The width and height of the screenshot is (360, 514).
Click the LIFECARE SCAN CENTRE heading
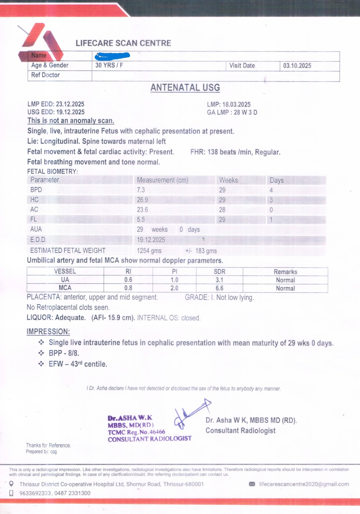point(123,43)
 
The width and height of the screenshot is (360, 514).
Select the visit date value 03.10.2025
point(297,66)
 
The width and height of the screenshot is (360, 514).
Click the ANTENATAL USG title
point(185,88)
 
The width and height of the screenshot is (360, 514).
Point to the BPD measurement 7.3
point(141,190)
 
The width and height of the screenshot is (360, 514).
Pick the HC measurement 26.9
point(143,200)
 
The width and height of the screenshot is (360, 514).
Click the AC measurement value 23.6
point(143,210)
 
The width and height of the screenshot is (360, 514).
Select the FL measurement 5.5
point(141,220)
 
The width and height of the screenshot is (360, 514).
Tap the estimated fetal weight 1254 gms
point(149,251)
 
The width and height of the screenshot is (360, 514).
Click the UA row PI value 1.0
point(174,280)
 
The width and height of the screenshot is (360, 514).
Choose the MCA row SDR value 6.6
point(220,288)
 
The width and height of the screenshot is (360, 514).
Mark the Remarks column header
point(285,272)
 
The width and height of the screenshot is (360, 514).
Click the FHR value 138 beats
point(222,152)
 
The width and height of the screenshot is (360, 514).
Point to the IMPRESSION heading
point(48,332)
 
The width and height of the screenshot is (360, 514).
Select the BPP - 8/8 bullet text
point(64,353)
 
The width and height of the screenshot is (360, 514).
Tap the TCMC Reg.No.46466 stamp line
point(136,432)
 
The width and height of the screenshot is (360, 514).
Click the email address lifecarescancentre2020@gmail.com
point(304,484)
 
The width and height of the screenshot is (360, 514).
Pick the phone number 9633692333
point(35,493)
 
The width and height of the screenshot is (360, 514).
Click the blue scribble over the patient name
point(112,56)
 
